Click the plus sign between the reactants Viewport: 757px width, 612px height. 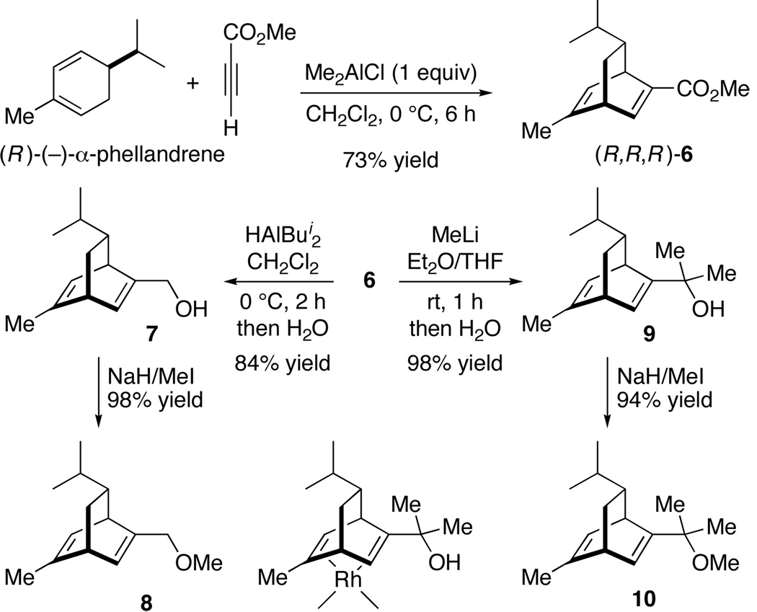[192, 83]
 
